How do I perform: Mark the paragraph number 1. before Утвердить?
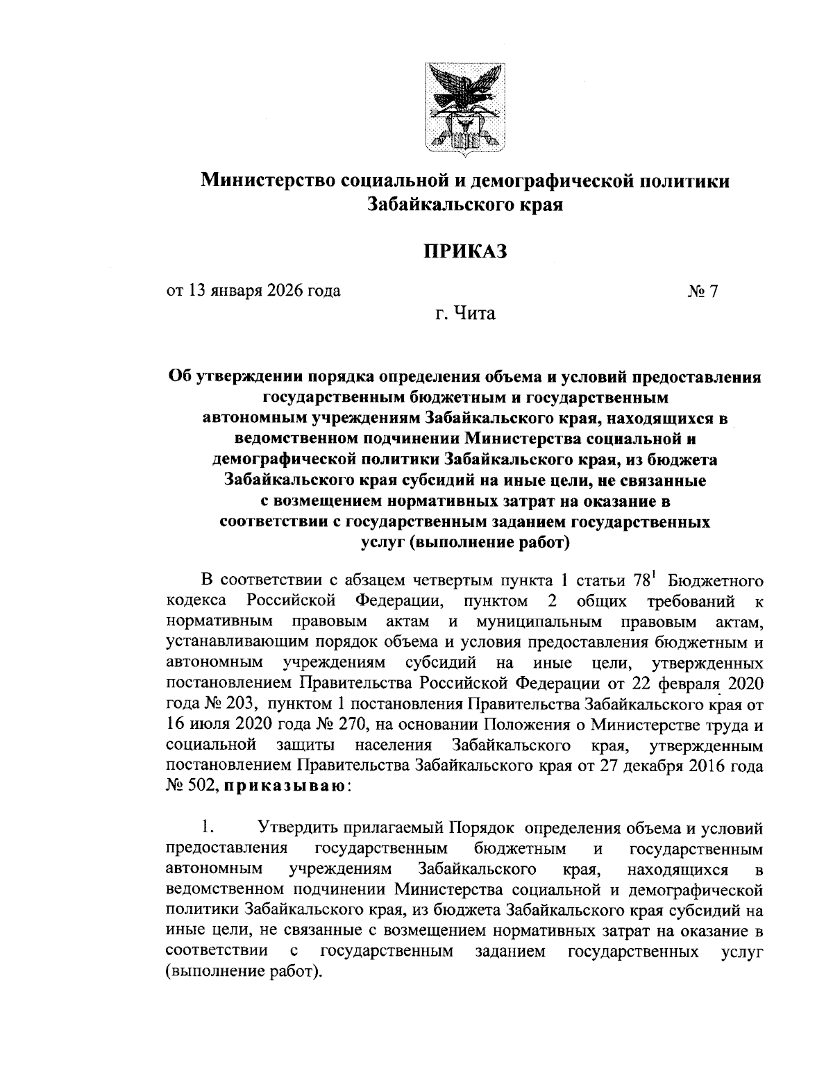[205, 829]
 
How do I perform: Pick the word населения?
[394, 746]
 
